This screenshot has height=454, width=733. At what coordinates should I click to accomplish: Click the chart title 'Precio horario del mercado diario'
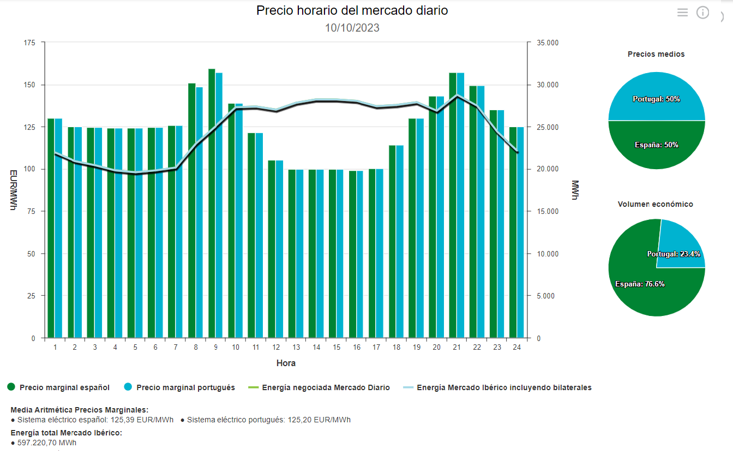pyautogui.click(x=352, y=10)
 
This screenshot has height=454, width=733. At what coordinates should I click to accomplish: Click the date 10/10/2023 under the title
pyautogui.click(x=352, y=28)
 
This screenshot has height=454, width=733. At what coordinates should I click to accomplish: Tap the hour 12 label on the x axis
pyautogui.click(x=277, y=348)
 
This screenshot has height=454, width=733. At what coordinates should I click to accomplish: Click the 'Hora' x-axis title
pyautogui.click(x=286, y=363)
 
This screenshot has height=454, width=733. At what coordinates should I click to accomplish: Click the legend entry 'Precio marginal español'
pyautogui.click(x=64, y=387)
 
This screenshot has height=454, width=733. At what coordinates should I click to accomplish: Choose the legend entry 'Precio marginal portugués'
pyautogui.click(x=185, y=387)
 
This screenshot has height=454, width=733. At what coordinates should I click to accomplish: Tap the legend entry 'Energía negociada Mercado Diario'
pyautogui.click(x=326, y=387)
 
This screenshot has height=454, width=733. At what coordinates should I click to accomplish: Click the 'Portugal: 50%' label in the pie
pyautogui.click(x=656, y=99)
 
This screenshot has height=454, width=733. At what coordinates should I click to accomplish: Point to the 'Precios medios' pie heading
pyautogui.click(x=656, y=54)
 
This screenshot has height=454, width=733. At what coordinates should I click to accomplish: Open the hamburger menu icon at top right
pyautogui.click(x=682, y=13)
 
